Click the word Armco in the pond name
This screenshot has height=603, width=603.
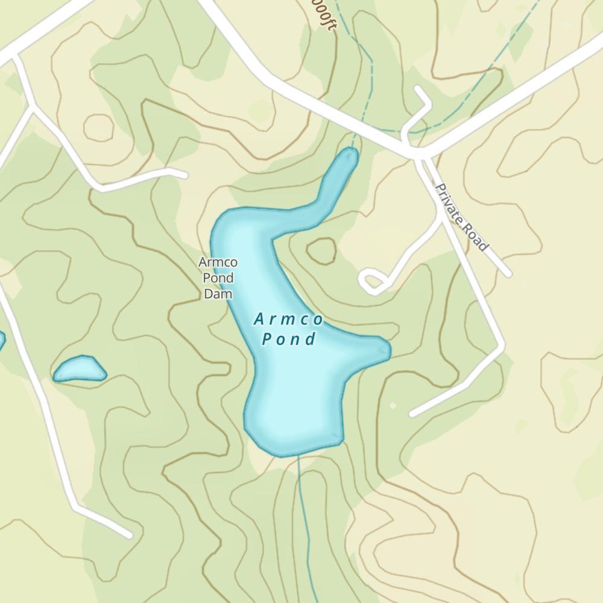point(289,319)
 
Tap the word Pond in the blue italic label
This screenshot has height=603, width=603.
point(289,339)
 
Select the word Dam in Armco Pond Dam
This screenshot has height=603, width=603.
point(218,294)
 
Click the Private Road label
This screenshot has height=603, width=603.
point(461,218)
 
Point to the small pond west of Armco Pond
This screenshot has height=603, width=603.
point(80,369)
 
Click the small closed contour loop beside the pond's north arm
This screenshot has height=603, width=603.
point(321,251)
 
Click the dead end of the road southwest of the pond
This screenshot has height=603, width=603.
point(128,534)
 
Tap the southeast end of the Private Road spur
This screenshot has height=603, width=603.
point(508,274)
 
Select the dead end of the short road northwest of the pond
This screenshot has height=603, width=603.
point(183,175)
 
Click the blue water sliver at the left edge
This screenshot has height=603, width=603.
point(1,339)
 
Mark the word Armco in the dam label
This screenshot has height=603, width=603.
point(218,263)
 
